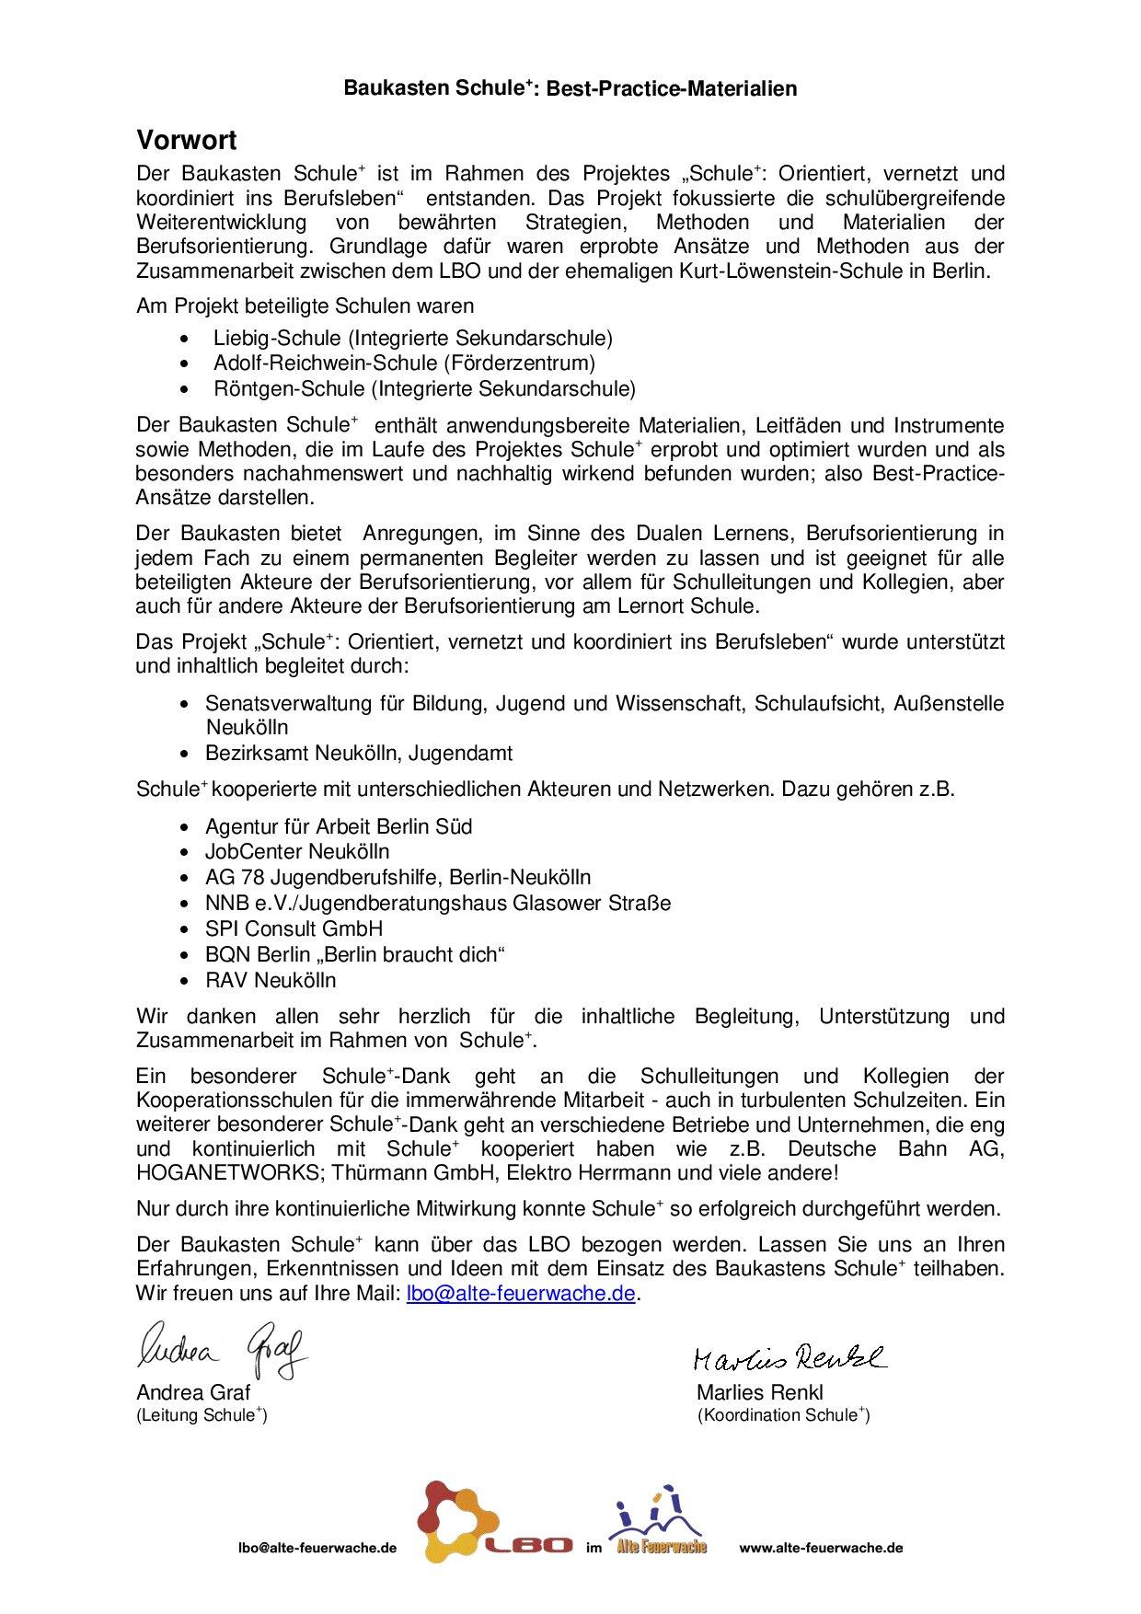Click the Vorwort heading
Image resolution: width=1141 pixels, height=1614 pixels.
point(187,141)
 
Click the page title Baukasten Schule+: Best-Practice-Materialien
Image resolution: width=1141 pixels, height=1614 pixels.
point(570,88)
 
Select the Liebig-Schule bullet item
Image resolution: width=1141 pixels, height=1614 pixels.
point(412,338)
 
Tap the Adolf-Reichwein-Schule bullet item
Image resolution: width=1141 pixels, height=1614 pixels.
point(404,363)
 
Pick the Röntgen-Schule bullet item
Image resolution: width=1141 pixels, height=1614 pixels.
point(424,388)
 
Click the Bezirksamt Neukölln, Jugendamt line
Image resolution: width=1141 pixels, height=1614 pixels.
point(359,753)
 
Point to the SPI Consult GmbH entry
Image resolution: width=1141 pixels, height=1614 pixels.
point(294,928)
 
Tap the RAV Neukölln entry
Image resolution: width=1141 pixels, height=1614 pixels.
point(271,980)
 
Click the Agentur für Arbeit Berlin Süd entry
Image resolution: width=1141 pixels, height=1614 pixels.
point(339,826)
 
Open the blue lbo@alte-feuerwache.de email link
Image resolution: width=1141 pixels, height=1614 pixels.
point(521,1293)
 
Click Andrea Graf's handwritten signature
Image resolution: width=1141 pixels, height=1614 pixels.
point(222,1351)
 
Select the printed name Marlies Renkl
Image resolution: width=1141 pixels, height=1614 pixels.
point(759,1392)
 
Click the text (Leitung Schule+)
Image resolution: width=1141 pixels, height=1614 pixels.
point(202,1415)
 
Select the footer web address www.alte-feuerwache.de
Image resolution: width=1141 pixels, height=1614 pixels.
point(821,1548)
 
